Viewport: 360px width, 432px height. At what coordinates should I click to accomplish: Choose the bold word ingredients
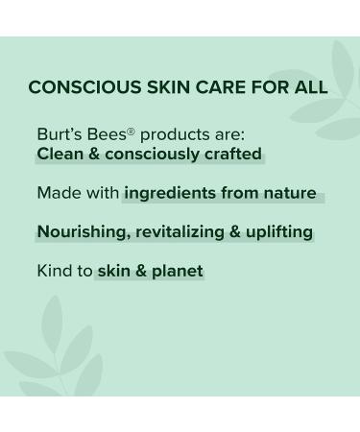point(170,194)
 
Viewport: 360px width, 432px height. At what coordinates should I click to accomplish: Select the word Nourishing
point(82,232)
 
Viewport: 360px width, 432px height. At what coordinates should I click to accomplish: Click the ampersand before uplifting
point(234,232)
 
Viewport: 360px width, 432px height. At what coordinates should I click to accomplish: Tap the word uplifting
point(278,232)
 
